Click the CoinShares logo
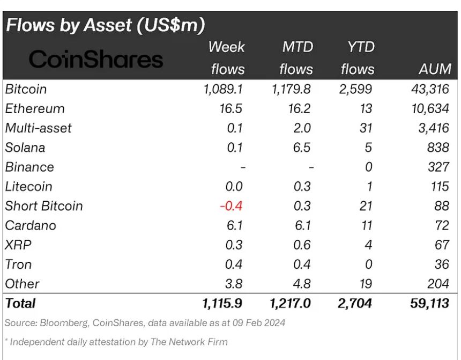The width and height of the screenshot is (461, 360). (x=96, y=59)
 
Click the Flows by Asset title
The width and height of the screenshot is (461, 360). (x=105, y=25)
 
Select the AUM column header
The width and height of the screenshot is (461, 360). (x=434, y=69)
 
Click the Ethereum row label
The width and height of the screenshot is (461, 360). (x=35, y=108)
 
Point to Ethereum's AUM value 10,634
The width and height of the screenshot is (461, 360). (x=427, y=108)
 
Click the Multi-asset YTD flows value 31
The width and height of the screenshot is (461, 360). (x=366, y=128)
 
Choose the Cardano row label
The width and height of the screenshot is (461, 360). (x=31, y=225)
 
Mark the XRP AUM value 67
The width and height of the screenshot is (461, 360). (x=442, y=245)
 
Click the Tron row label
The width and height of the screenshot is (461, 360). (x=19, y=264)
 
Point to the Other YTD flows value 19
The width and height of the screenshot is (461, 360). (x=366, y=283)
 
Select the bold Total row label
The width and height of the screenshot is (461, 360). (x=20, y=303)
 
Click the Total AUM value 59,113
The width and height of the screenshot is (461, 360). (x=427, y=303)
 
